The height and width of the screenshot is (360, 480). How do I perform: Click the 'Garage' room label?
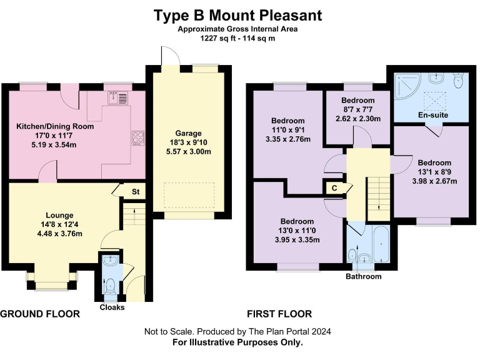188,133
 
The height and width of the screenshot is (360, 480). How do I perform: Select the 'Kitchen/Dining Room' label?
55,126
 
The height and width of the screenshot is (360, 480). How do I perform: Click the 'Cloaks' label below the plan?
112,307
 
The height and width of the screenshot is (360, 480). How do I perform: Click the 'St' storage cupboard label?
135,191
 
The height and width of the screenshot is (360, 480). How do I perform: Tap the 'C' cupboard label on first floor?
334,188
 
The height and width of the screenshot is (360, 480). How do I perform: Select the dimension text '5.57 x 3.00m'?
188,153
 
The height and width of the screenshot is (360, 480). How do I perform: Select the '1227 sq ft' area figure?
217,38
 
